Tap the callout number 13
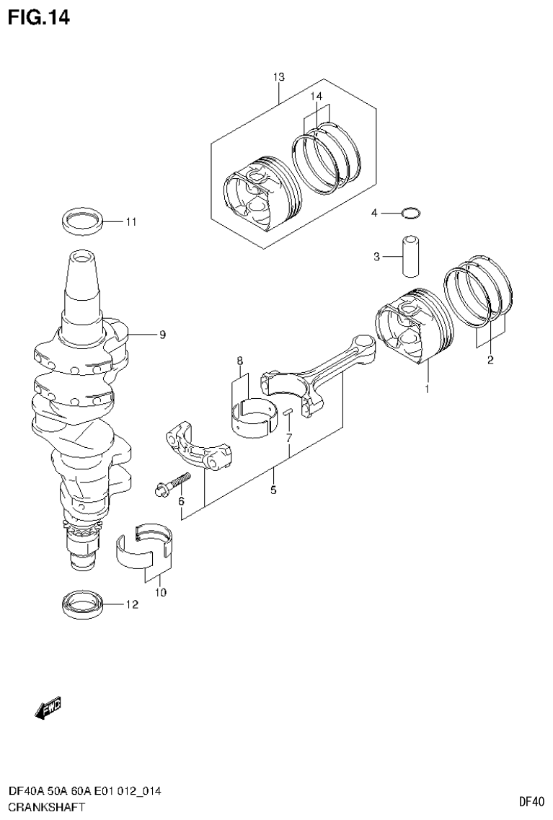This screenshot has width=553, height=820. point(279,77)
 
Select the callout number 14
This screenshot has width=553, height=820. point(317,96)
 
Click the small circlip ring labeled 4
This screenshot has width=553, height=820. point(410,212)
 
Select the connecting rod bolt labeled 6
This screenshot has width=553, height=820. point(172,484)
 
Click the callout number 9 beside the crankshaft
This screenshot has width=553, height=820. point(162,335)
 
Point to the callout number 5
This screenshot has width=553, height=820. point(273,491)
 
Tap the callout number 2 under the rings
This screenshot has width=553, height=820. point(490,361)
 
